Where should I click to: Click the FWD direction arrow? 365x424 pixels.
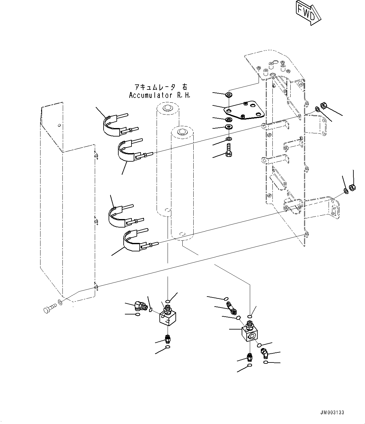pyautogui.click(x=309, y=13)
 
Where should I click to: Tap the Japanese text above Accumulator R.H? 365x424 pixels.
pyautogui.click(x=160, y=87)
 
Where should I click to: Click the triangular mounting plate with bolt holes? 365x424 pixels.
pyautogui.click(x=244, y=110)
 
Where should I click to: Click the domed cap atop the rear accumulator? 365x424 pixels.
pyautogui.click(x=167, y=108)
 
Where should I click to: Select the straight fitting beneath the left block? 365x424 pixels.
pyautogui.click(x=168, y=339)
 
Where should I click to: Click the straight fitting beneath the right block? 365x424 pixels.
pyautogui.click(x=250, y=357)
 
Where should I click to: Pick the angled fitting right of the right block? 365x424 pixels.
pyautogui.click(x=264, y=354)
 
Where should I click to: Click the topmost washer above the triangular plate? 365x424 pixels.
pyautogui.click(x=229, y=94)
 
